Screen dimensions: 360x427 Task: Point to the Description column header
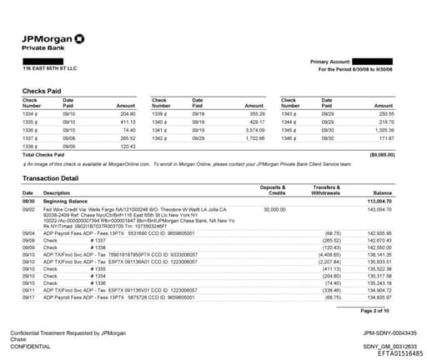[x=58, y=192]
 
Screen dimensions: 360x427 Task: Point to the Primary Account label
[x=331, y=62]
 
